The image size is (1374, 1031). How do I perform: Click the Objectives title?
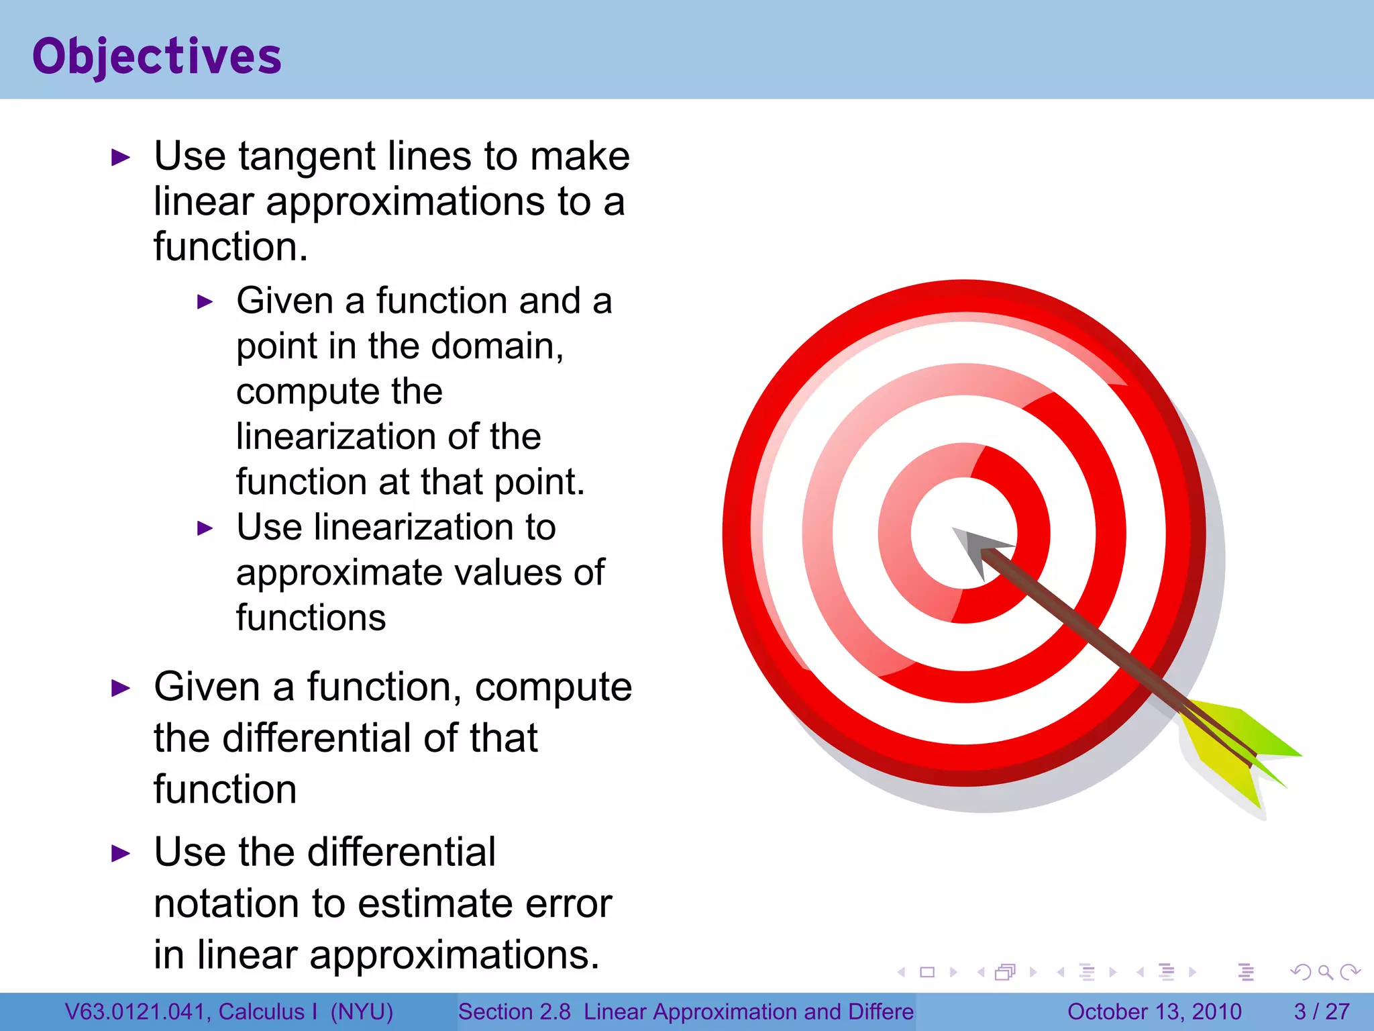click(157, 56)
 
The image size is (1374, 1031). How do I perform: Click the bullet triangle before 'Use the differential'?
click(120, 854)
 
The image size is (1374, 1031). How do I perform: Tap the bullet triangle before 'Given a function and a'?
click(205, 302)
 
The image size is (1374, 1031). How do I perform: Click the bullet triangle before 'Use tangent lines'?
click(120, 158)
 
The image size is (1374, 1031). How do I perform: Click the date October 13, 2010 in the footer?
click(1154, 1012)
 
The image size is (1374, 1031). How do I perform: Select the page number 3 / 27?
click(1321, 1012)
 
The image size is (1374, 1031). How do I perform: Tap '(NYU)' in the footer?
click(361, 1012)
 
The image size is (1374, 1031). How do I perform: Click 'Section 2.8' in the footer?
click(514, 1012)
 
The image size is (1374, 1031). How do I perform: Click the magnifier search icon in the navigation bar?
click(1325, 972)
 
